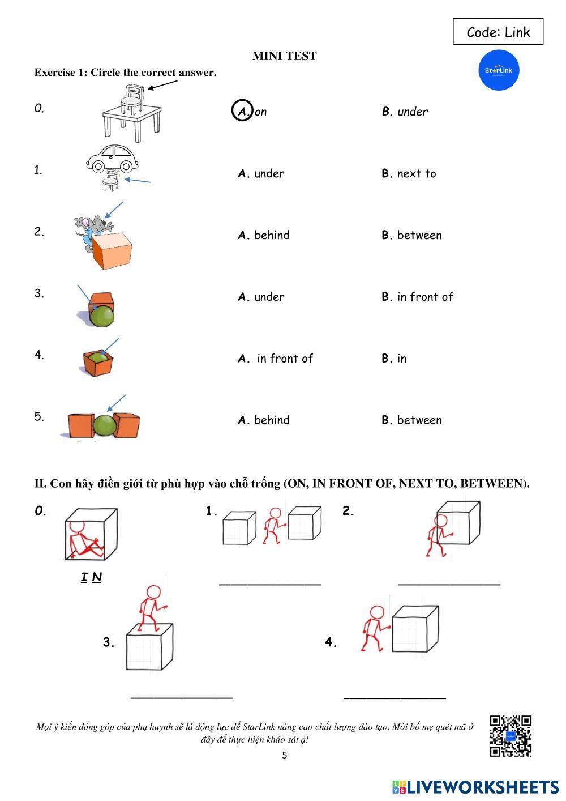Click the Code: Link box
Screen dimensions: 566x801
coord(498,32)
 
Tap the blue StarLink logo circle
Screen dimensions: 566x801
coord(499,70)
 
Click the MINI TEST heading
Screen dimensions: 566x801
coord(285,56)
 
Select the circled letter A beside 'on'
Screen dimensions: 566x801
coord(242,110)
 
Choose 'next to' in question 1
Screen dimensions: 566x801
coord(416,174)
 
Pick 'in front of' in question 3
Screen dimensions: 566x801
coord(425,297)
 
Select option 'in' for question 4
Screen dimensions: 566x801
coord(402,359)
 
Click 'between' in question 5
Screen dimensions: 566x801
coord(419,420)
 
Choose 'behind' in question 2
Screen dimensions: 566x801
coord(272,235)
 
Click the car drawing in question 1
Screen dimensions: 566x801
coord(112,159)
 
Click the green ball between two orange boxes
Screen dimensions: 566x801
coord(105,425)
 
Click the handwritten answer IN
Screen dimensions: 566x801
coord(91,577)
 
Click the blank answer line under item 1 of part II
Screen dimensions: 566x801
coord(270,585)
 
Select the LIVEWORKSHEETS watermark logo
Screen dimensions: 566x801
coord(475,787)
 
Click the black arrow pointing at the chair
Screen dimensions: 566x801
coord(162,85)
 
